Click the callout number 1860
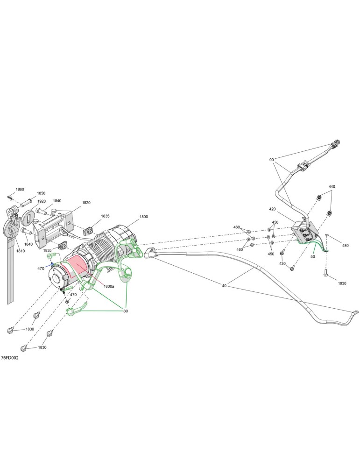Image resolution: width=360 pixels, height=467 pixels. tap(20, 189)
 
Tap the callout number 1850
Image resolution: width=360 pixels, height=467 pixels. tap(41, 193)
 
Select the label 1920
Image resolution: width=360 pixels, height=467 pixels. tap(42, 201)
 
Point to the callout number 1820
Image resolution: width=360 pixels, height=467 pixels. tap(86, 203)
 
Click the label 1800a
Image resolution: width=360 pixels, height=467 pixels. tap(109, 286)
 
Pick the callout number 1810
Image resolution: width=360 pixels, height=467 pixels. tap(21, 251)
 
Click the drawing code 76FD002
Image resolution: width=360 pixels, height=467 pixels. tap(10, 358)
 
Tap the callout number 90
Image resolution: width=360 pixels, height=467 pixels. tap(271, 160)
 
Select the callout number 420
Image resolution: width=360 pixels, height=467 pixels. tap(272, 209)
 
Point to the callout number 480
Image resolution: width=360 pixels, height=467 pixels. tap(345, 246)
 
